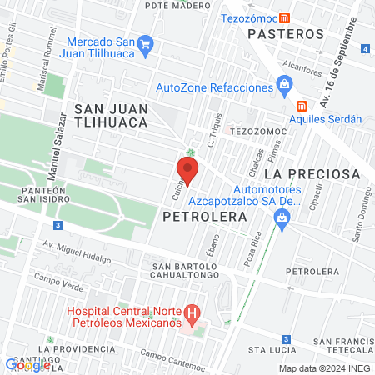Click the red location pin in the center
(x=187, y=170)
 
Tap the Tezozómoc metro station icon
(x=286, y=17)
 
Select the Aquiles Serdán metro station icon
(x=302, y=106)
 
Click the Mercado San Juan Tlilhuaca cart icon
(x=146, y=42)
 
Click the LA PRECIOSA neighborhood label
(x=312, y=174)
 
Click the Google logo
(x=27, y=363)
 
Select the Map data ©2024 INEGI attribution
(x=324, y=368)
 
